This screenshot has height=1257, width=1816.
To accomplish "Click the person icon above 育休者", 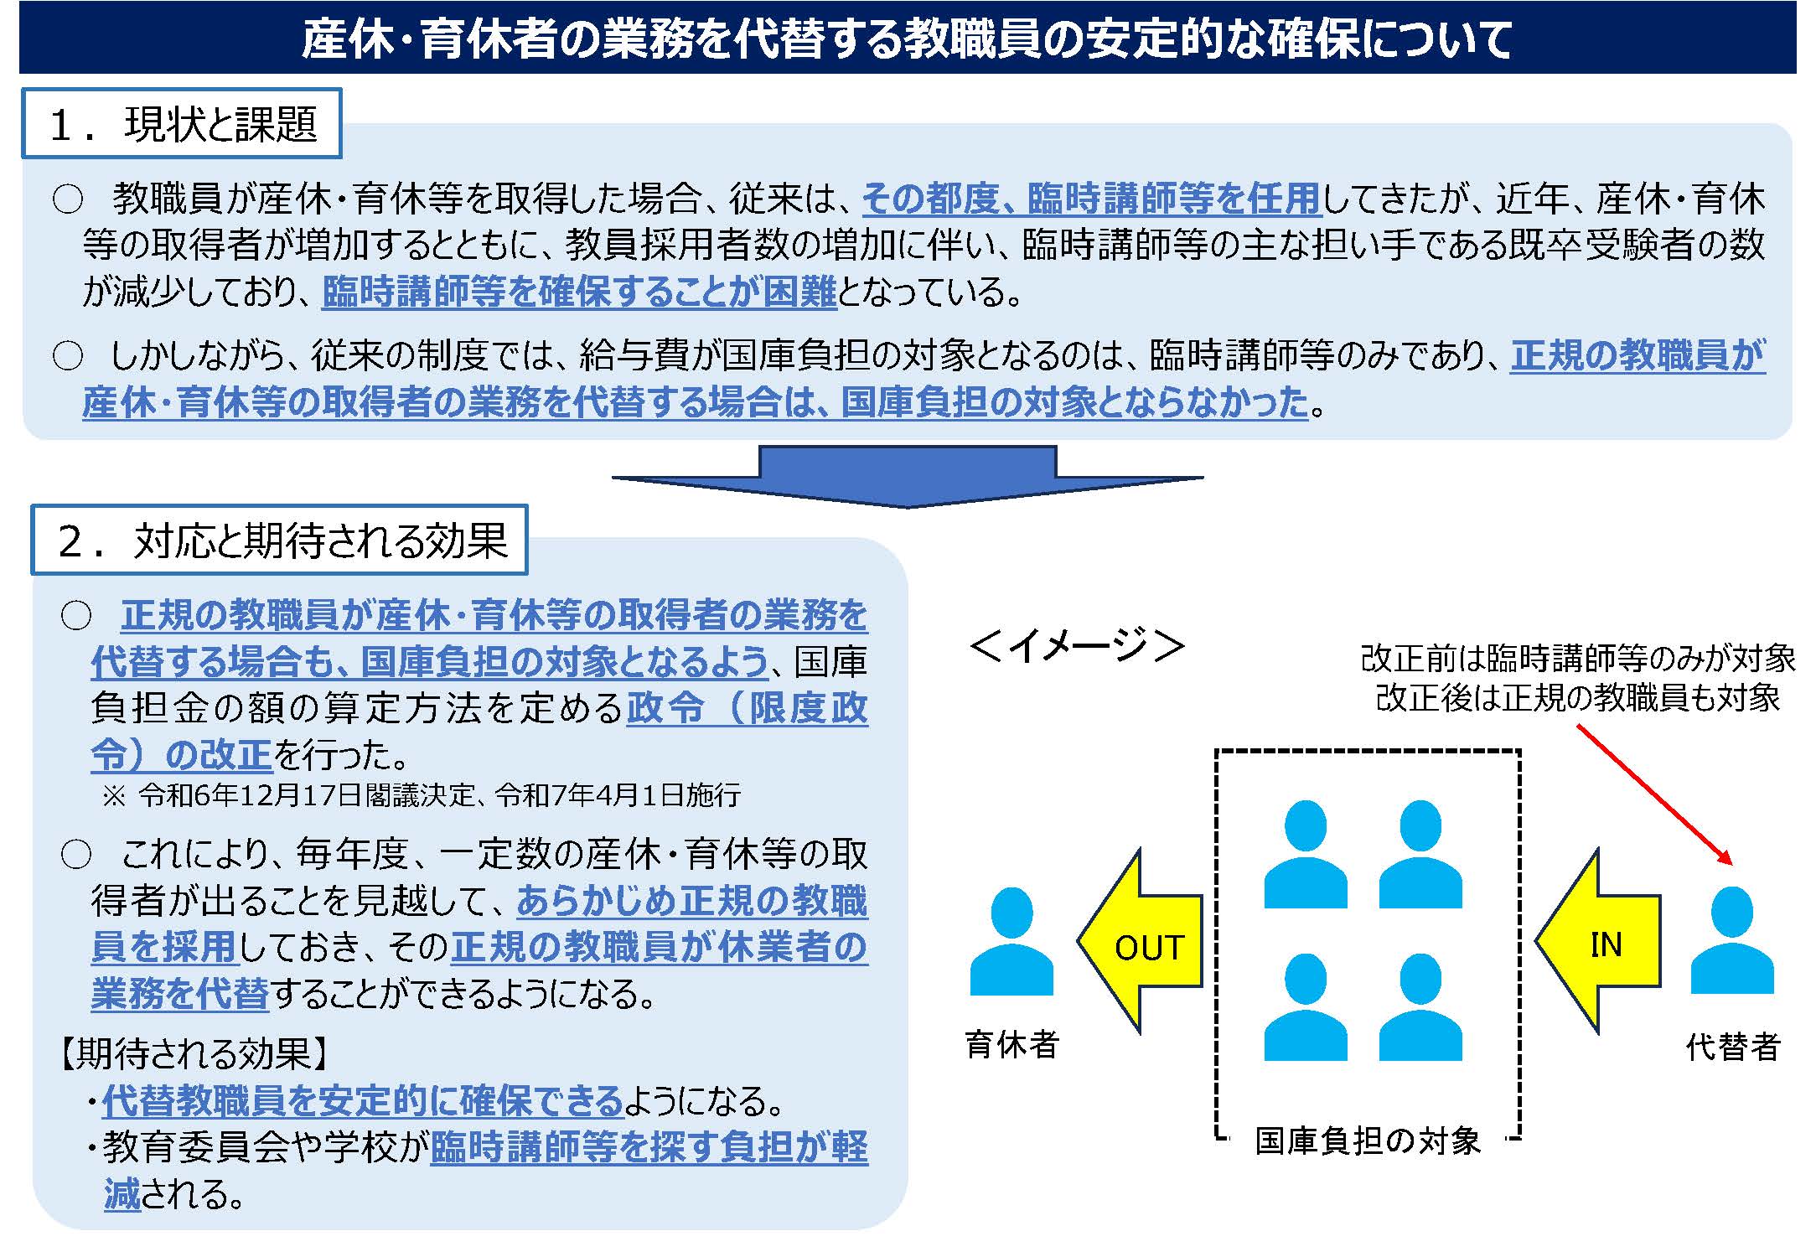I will [x=1011, y=942].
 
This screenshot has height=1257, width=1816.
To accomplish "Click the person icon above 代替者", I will [x=1731, y=942].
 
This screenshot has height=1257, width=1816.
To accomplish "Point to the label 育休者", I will [x=1012, y=1044].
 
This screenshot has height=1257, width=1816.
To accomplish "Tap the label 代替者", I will [x=1732, y=1047].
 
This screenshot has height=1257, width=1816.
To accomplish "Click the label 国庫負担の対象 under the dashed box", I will [x=1368, y=1141].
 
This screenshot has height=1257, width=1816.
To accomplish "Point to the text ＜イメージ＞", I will [x=1077, y=645].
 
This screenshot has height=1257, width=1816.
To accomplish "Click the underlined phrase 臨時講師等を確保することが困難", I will [x=579, y=292].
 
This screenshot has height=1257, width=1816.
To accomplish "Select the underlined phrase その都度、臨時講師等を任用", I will [x=1091, y=199].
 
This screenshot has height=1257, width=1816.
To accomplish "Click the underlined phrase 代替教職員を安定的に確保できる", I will [x=363, y=1101].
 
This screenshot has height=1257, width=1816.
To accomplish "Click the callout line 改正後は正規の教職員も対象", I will [x=1577, y=697].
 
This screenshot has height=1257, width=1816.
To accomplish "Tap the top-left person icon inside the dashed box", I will [x=1305, y=855].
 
